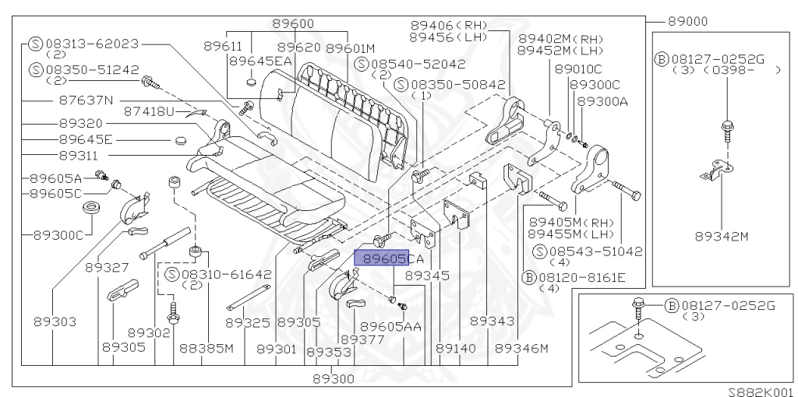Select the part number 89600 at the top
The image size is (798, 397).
click(294, 24)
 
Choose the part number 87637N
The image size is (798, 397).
click(86, 100)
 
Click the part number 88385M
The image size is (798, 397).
click(207, 347)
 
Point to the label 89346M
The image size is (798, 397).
click(521, 347)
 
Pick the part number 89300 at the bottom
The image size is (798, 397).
click(334, 379)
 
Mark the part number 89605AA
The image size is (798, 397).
click(390, 327)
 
